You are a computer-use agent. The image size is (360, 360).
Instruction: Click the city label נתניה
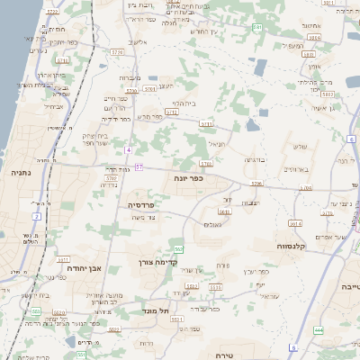click(20, 171)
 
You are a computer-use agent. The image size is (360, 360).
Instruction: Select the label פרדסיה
click(139, 204)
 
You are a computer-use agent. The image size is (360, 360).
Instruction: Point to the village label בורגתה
click(255, 158)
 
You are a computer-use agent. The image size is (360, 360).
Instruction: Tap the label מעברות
click(129, 78)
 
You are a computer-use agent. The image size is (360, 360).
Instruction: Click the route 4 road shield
click(129, 148)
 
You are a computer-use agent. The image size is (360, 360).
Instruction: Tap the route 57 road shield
click(139, 166)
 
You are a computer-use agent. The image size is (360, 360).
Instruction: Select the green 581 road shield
click(257, 28)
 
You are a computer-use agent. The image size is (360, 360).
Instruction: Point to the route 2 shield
click(37, 216)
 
